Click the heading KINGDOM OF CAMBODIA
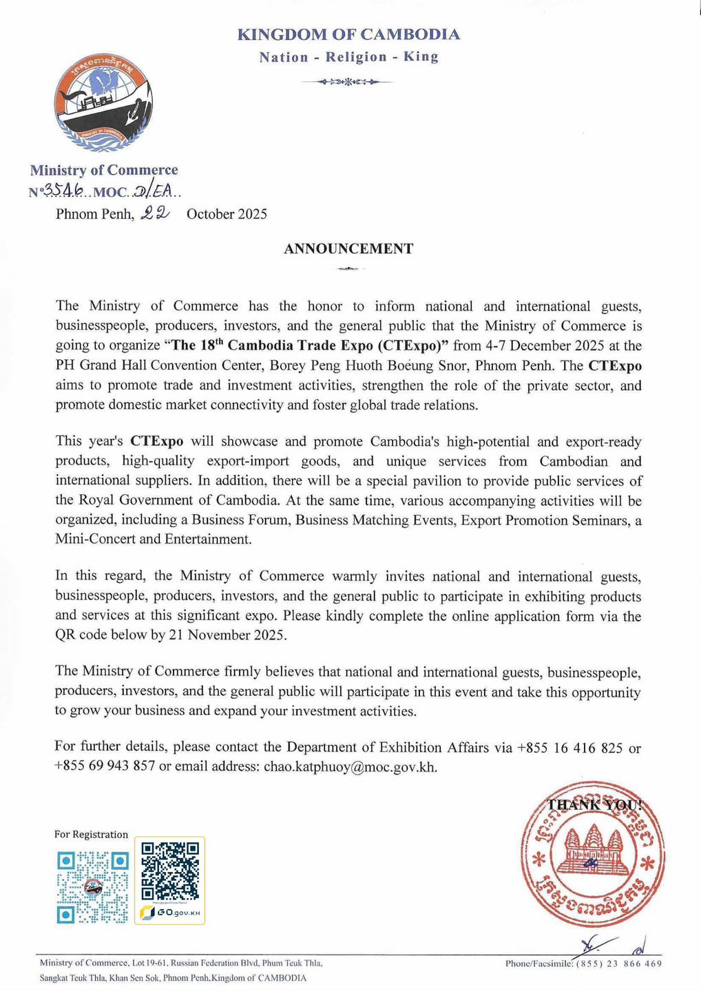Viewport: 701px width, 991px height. coord(348,34)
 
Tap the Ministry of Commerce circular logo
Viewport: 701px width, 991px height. coord(104,101)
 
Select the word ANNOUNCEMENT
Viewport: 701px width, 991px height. coord(348,249)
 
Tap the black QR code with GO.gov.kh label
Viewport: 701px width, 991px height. coord(169,872)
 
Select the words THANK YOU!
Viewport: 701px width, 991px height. coord(594,804)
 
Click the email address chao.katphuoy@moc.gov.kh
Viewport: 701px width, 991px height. coord(350,767)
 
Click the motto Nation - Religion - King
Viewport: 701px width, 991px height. coord(348,57)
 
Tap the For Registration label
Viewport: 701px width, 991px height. coord(91,834)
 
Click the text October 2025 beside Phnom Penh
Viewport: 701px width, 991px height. coord(227,214)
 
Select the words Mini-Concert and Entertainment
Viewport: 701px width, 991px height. coord(154,540)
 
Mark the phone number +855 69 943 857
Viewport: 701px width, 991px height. coord(105,767)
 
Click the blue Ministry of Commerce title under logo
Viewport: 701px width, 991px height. coord(103,170)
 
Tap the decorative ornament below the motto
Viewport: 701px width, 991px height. coord(348,83)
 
